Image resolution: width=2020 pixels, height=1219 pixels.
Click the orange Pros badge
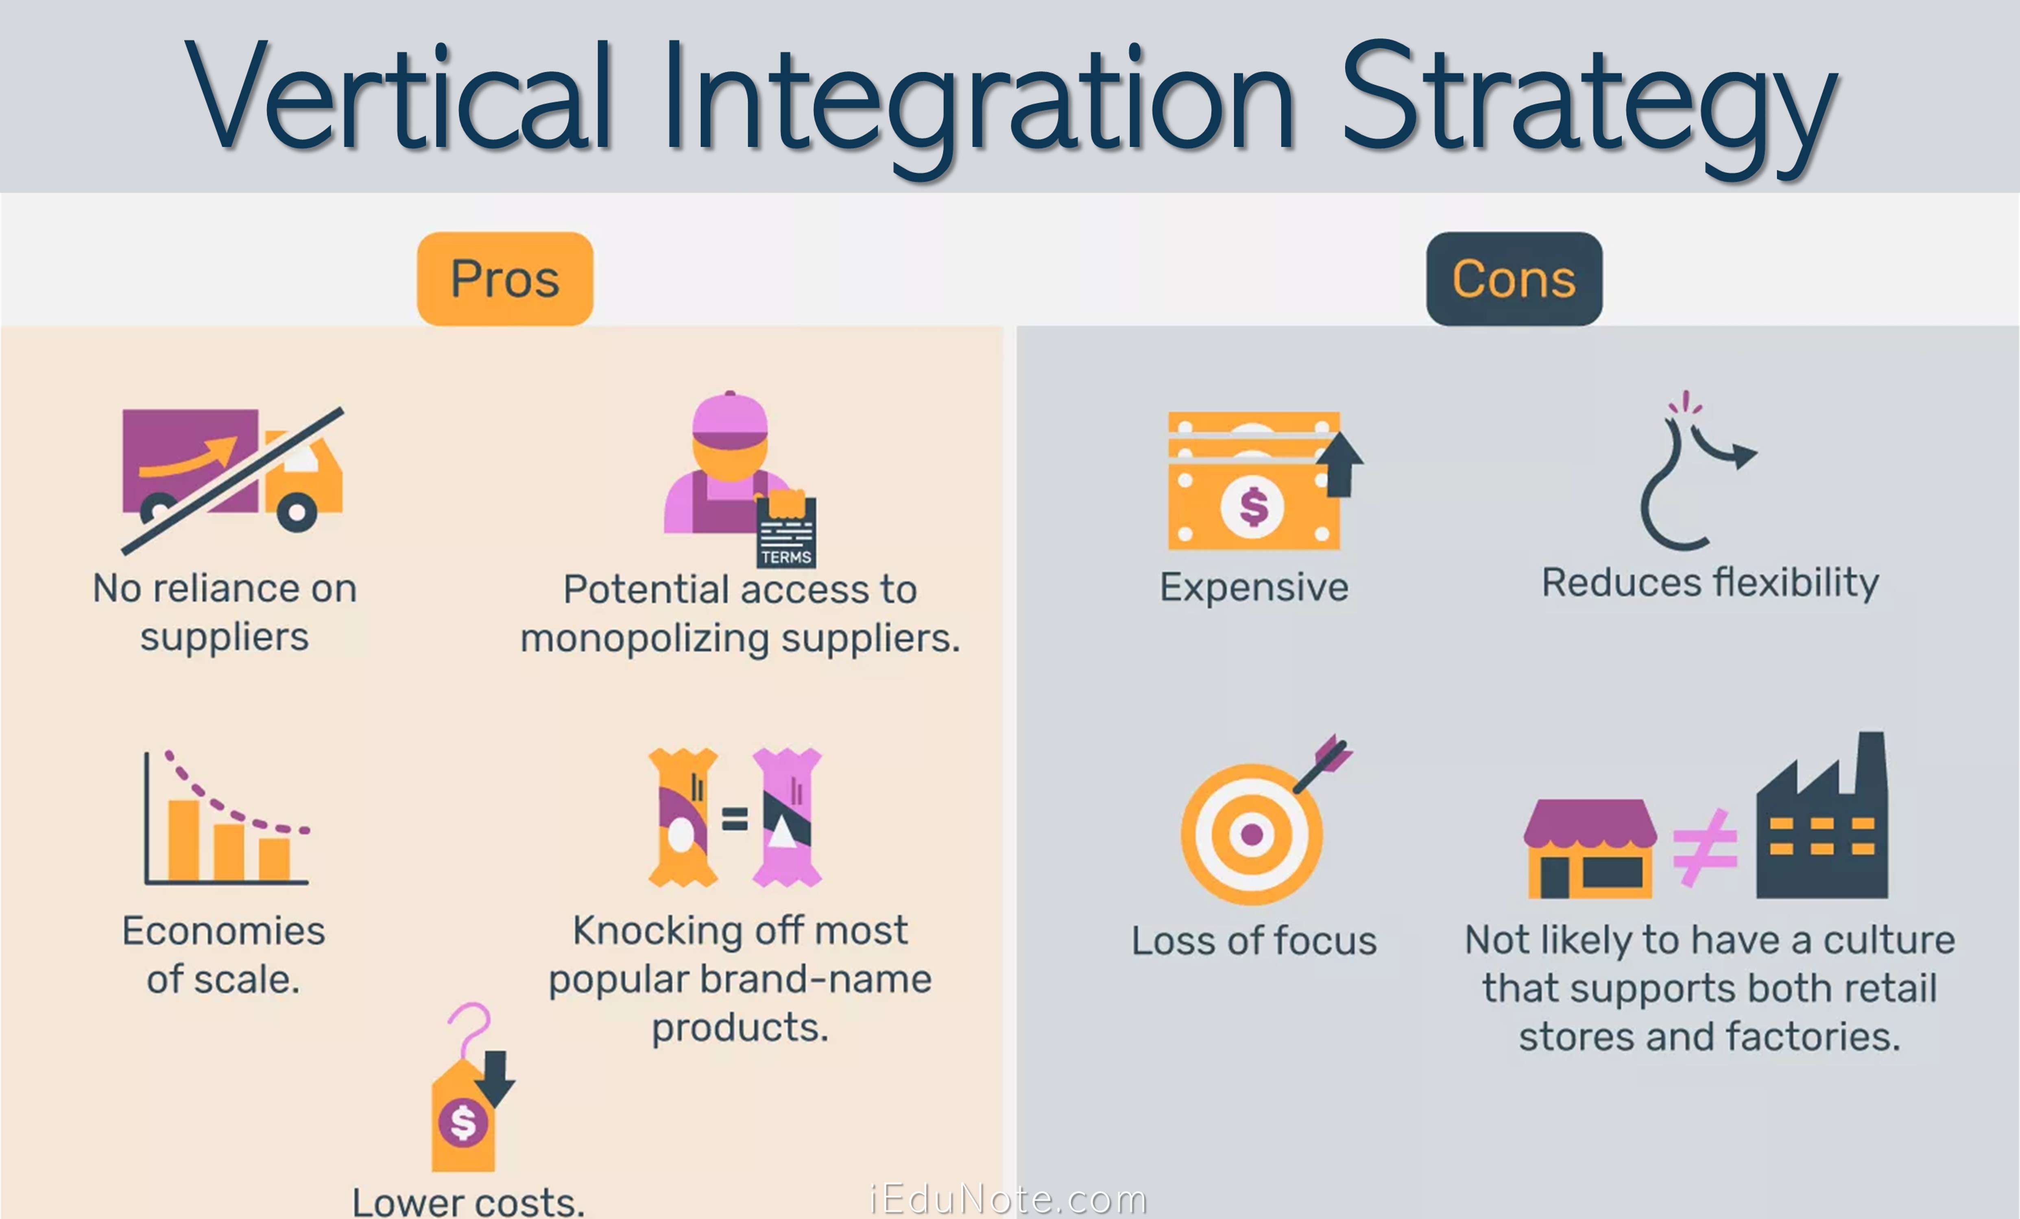click(x=505, y=279)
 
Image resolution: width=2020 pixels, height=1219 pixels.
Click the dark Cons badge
click(x=1514, y=279)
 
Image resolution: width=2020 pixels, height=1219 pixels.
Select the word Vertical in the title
click(x=400, y=97)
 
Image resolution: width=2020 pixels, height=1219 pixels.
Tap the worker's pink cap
click(x=730, y=418)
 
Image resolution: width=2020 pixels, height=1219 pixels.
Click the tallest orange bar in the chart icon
click(x=183, y=840)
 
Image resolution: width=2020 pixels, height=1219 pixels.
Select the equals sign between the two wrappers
click(x=735, y=818)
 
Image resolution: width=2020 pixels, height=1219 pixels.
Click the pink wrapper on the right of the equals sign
click(x=787, y=817)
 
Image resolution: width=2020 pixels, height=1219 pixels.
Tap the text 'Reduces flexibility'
click(x=1710, y=583)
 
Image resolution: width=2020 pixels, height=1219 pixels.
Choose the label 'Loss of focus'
click(x=1254, y=940)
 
